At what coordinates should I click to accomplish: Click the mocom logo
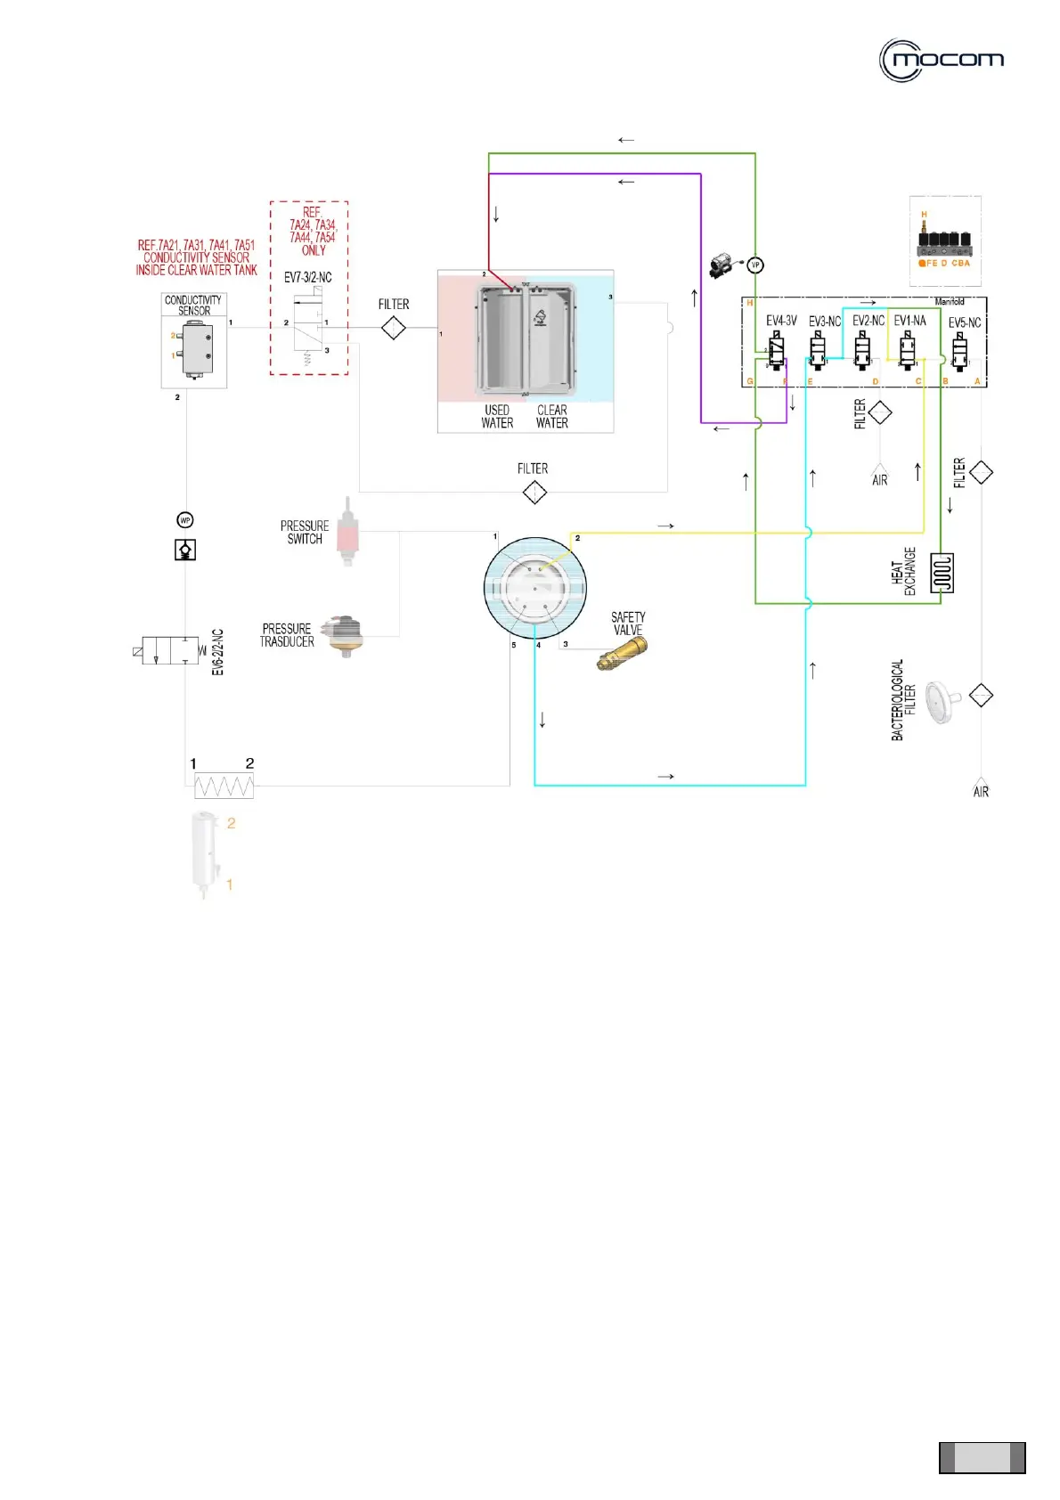click(x=942, y=61)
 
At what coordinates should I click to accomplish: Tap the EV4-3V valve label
click(x=781, y=321)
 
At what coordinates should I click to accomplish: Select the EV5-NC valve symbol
click(x=959, y=351)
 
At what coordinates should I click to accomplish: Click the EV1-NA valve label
click(x=909, y=321)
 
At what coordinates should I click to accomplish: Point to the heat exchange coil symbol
click(x=942, y=573)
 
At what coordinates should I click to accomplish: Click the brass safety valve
click(x=622, y=654)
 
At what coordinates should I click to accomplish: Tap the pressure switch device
click(x=347, y=534)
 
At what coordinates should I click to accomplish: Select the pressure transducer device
click(x=343, y=634)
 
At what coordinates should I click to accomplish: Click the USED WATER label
click(x=497, y=417)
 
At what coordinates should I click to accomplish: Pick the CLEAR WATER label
click(x=552, y=417)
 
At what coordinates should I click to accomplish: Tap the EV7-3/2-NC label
click(x=307, y=278)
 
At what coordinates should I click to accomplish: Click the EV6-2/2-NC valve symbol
click(x=170, y=651)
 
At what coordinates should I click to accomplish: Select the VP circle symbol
click(x=755, y=265)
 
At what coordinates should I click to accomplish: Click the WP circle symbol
click(x=185, y=520)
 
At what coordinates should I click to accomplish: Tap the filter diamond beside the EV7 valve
click(x=393, y=329)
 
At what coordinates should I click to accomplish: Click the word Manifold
click(x=950, y=302)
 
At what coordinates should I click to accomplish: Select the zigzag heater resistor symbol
click(x=224, y=787)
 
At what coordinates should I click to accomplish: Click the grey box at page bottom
click(x=982, y=1457)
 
